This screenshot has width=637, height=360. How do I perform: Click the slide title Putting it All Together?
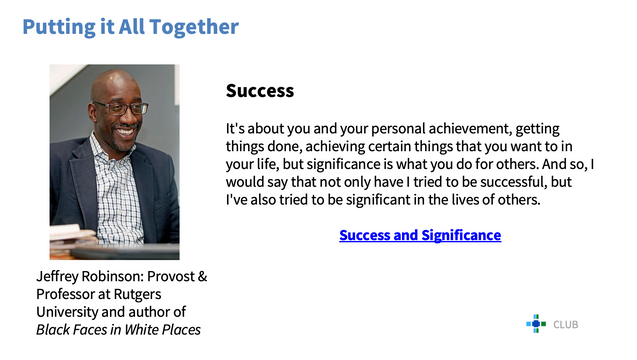[130, 27]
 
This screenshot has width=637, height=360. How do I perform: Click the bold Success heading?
[260, 91]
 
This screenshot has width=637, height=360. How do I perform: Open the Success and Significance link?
[420, 235]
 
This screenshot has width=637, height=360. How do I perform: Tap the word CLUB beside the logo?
[566, 325]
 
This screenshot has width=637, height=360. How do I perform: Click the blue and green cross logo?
[536, 323]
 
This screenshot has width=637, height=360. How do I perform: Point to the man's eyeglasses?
[120, 108]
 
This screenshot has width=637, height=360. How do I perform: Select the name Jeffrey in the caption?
[57, 277]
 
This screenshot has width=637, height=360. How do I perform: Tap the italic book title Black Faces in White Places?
[118, 330]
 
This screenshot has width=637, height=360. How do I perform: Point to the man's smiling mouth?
[125, 132]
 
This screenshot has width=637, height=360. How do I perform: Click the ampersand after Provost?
[202, 276]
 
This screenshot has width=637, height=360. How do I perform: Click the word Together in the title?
[194, 27]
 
